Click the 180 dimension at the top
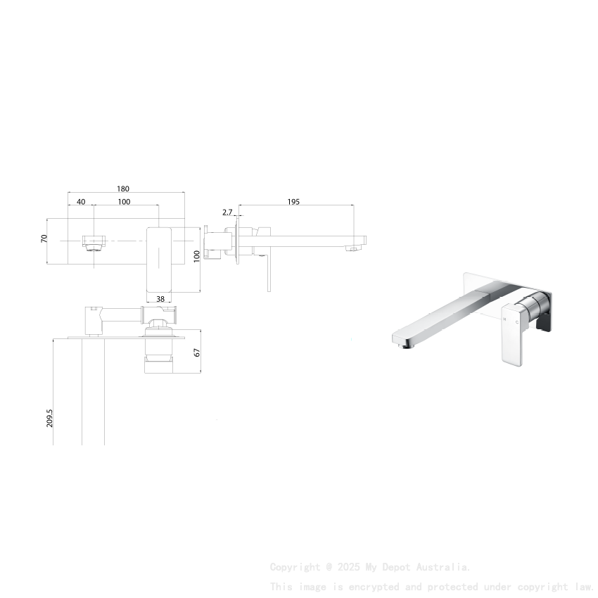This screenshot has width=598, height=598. tap(123, 189)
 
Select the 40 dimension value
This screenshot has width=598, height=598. tap(81, 202)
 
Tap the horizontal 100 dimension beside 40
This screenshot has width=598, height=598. tap(124, 202)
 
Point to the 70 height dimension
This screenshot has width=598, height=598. tap(44, 239)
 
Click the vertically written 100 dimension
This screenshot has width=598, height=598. tap(197, 256)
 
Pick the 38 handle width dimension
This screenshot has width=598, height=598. tap(160, 299)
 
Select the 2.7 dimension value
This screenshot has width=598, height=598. tap(227, 212)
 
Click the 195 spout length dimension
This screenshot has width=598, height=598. tap(293, 202)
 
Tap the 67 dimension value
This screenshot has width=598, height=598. tap(198, 352)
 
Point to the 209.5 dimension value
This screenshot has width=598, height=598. tap(50, 419)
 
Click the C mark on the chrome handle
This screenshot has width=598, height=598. tap(517, 322)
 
